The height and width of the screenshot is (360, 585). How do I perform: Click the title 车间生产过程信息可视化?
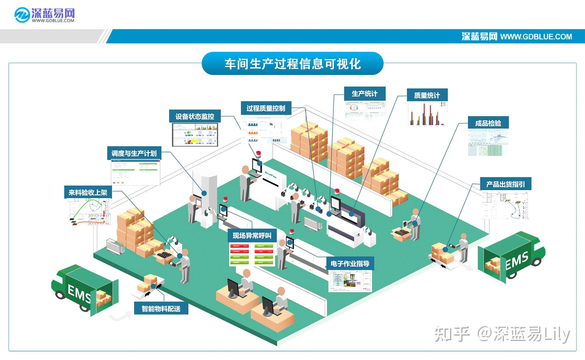pos(292,64)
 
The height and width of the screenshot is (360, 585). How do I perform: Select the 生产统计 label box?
pos(365,94)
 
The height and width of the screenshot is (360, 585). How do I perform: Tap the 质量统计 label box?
pos(427,95)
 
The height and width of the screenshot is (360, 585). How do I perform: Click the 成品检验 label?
pos(488,123)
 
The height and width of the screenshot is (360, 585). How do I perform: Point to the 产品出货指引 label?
pos(505,184)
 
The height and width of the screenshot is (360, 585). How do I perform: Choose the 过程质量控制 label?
pos(266,108)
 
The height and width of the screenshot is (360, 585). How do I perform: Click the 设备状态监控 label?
pos(195,116)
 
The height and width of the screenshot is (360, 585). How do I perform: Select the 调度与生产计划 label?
pos(134,153)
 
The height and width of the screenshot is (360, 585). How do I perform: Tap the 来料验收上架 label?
pos(88,193)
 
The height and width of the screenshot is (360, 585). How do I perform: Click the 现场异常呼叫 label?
pos(252,236)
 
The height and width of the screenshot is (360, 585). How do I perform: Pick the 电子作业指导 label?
pos(350,264)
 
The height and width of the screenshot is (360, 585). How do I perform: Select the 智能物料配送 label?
pos(161,309)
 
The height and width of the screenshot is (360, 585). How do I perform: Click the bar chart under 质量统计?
pos(427,114)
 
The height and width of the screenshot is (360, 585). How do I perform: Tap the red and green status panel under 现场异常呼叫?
pos(252,254)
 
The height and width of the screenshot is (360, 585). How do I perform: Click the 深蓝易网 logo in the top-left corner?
pos(45,15)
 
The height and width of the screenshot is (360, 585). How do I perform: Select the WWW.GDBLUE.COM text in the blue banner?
pos(536,37)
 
